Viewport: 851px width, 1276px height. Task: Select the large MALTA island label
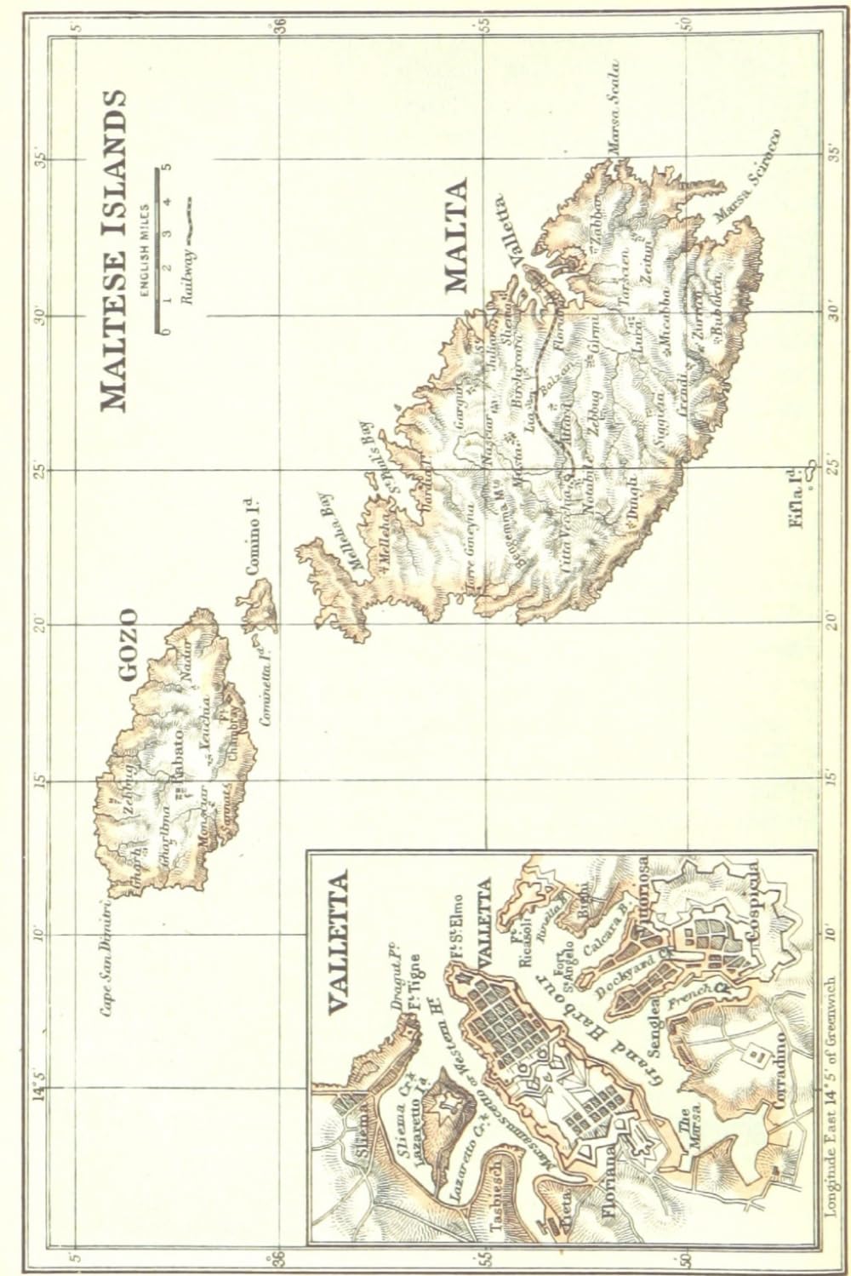(456, 233)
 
